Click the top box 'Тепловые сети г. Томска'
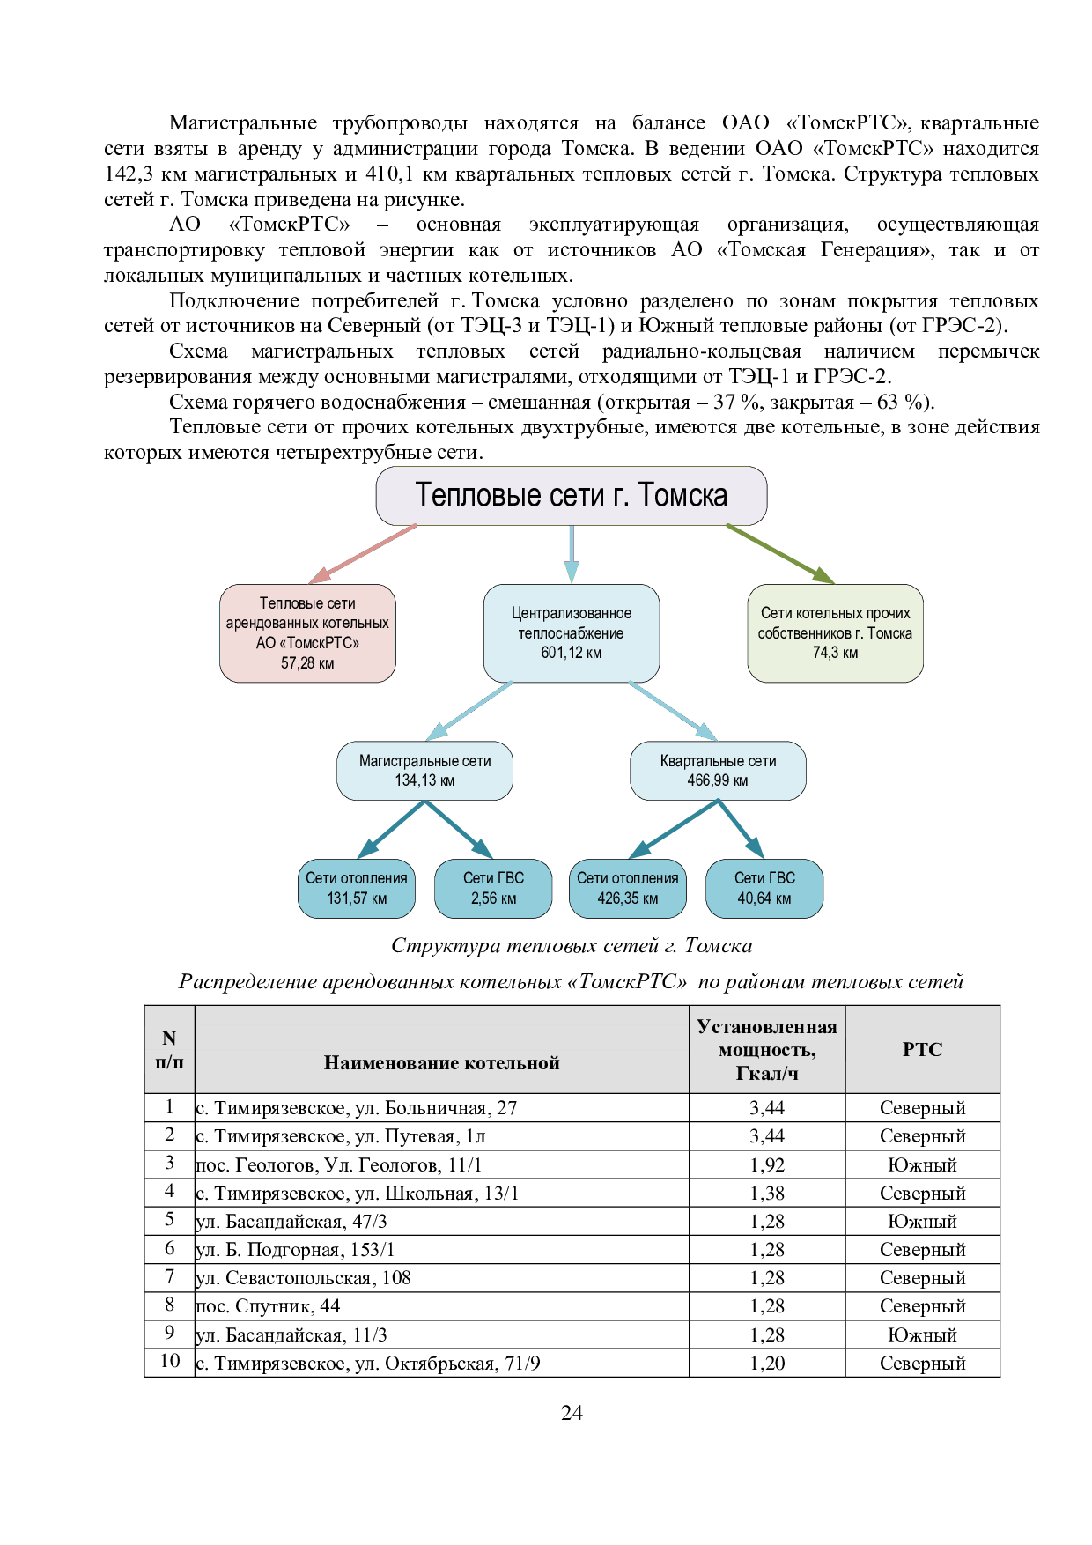(x=571, y=495)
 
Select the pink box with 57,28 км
(x=307, y=632)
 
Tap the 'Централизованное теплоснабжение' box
(x=572, y=632)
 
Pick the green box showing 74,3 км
(x=835, y=632)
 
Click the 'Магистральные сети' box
(x=424, y=771)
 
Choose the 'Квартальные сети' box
(x=718, y=771)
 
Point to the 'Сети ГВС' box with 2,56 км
(x=493, y=888)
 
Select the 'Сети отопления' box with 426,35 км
(x=628, y=888)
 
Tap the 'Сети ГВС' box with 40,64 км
(x=764, y=888)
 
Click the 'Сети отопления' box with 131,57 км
(x=357, y=888)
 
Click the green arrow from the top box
(x=780, y=554)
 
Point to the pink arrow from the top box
(x=363, y=554)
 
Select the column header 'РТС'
(x=922, y=1049)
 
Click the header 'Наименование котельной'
(x=441, y=1062)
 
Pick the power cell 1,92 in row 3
(x=767, y=1164)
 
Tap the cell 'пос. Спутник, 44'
(x=268, y=1305)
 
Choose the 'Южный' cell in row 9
(x=922, y=1334)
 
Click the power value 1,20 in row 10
(x=767, y=1363)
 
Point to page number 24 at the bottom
(x=571, y=1412)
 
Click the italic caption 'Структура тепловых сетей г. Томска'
(x=572, y=946)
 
